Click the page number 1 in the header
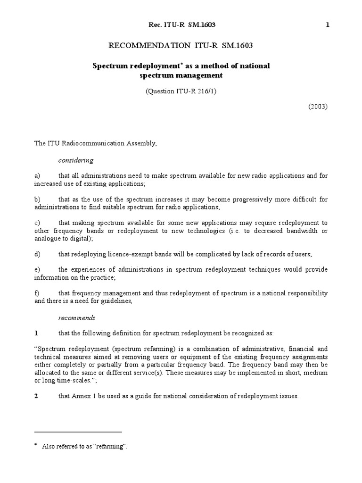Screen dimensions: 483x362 click(x=327, y=25)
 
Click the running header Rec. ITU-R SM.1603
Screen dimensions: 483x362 click(x=181, y=25)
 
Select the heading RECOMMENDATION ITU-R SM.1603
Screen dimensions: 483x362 click(x=181, y=46)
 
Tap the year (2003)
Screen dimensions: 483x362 click(x=318, y=106)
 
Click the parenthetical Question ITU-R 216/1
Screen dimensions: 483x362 click(x=181, y=92)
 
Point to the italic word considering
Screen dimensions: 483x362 click(x=76, y=160)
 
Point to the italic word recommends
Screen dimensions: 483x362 click(x=76, y=317)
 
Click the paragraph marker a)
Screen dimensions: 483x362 click(x=38, y=175)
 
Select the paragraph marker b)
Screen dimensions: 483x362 click(x=38, y=199)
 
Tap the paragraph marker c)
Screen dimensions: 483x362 click(x=38, y=223)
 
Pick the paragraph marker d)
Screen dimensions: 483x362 click(x=38, y=254)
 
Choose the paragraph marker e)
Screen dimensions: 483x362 click(x=38, y=269)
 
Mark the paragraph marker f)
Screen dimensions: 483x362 click(x=37, y=293)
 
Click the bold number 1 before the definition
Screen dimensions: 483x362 click(x=36, y=333)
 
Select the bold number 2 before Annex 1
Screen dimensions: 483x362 click(x=36, y=396)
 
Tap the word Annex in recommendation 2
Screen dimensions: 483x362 click(x=81, y=396)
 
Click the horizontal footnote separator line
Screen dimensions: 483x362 click(x=78, y=432)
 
